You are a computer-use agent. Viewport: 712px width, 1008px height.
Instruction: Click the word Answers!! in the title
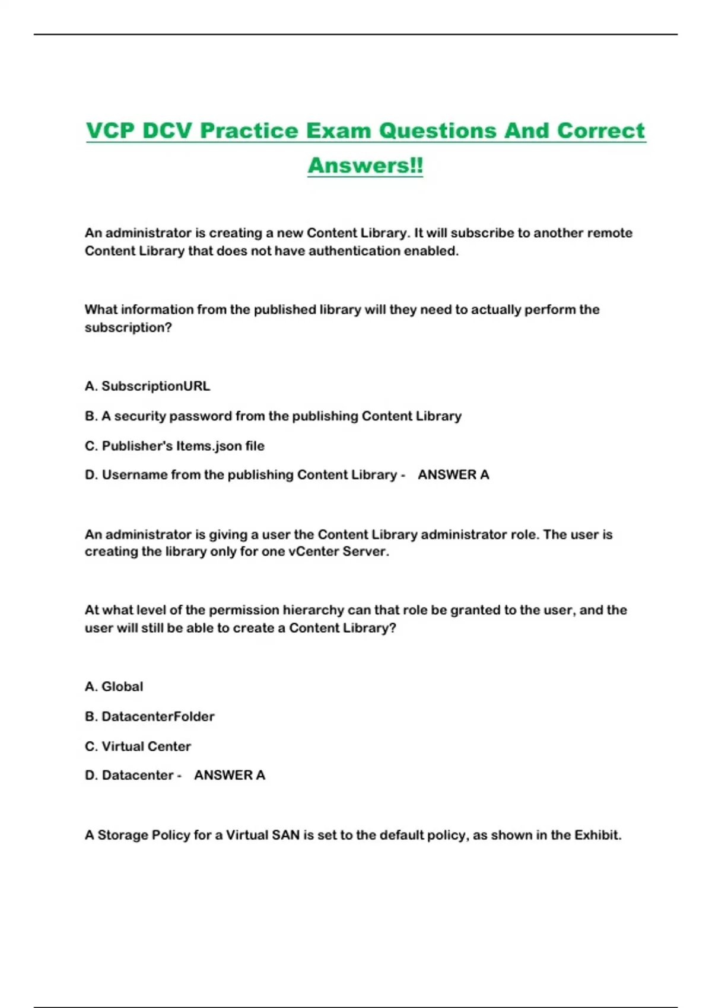(365, 165)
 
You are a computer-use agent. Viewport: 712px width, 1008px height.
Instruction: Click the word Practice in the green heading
(249, 130)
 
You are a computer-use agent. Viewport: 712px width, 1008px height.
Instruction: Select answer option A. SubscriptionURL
(147, 386)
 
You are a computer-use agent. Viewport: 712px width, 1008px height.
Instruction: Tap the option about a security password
(273, 416)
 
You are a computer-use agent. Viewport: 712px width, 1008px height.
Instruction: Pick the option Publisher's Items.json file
(174, 446)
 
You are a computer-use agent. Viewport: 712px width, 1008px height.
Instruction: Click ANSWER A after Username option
(453, 475)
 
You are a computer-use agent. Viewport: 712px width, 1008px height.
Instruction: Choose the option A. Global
(114, 687)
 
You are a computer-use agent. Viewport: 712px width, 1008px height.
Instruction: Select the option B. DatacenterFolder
(150, 716)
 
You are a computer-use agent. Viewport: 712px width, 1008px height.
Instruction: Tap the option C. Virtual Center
(138, 747)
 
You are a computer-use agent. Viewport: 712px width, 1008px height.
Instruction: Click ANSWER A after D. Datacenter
(230, 776)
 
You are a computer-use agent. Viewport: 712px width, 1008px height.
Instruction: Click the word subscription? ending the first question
(128, 328)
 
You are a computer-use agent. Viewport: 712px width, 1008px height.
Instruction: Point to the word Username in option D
(135, 475)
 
